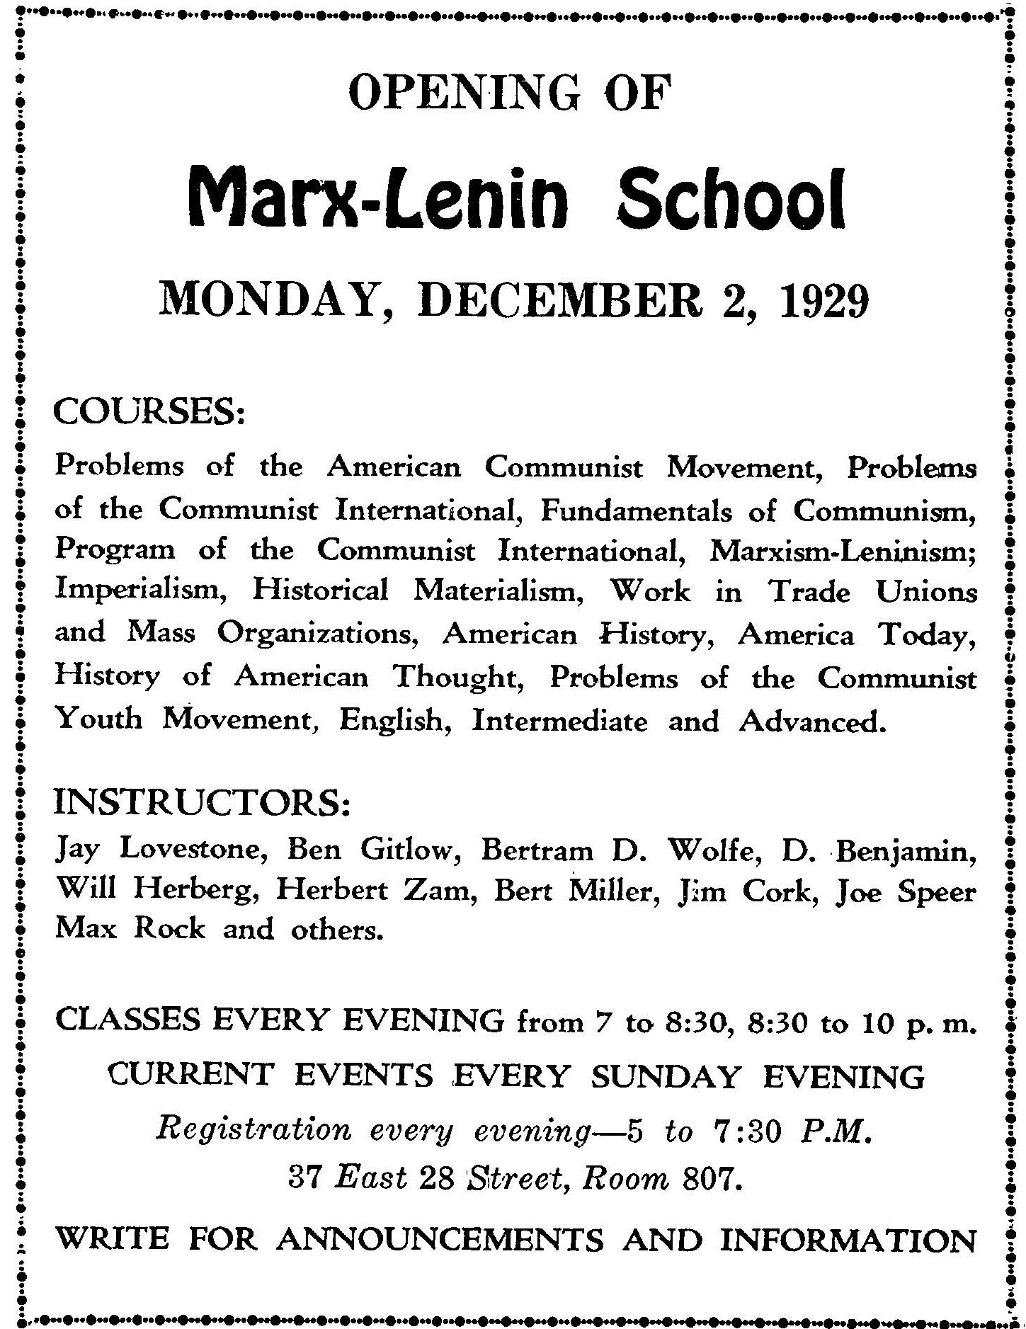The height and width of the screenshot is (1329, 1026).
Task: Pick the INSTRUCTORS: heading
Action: [x=203, y=804]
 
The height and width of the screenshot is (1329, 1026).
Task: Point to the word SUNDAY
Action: [x=665, y=1077]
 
